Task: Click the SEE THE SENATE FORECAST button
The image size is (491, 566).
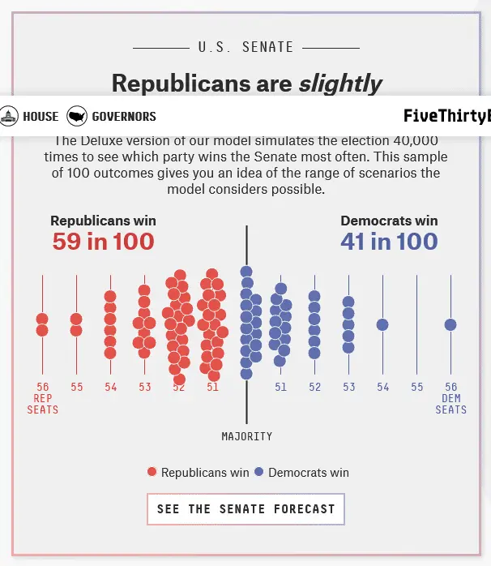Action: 245,509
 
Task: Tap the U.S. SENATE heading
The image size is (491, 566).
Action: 245,47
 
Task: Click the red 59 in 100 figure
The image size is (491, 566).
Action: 103,241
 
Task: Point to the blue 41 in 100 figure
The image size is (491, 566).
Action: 389,241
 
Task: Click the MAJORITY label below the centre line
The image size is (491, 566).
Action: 246,436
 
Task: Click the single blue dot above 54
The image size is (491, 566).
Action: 382,325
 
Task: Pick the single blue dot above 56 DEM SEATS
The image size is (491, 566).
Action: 450,325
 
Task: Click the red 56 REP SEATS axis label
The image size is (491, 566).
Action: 42,397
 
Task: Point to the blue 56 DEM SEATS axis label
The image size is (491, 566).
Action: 450,397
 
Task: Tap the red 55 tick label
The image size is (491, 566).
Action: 76,388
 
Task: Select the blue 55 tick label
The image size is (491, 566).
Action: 416,388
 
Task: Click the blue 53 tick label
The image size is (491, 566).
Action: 348,388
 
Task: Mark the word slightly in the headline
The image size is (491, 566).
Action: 339,83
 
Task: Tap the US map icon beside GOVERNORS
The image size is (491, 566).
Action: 77,117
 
